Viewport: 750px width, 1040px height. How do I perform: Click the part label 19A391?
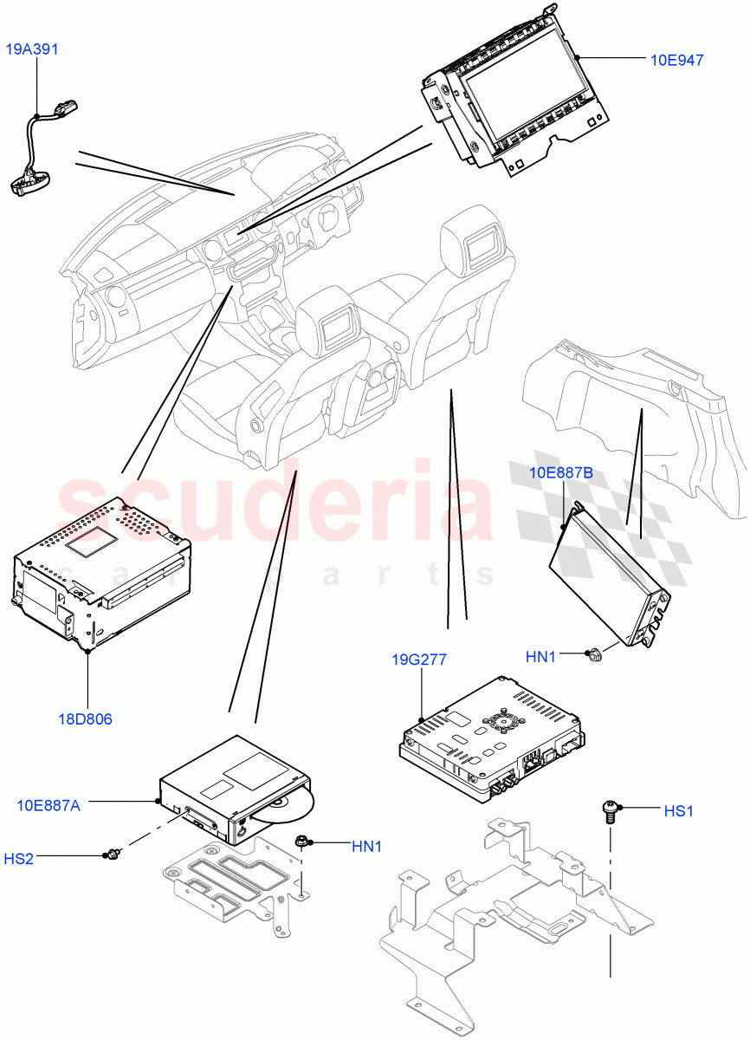coord(33,49)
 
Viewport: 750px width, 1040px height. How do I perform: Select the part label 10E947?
coord(676,60)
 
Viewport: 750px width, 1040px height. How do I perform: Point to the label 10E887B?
coord(561,472)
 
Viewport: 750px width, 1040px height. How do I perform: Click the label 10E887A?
coord(48,805)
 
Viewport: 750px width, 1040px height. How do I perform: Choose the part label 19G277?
coord(419,660)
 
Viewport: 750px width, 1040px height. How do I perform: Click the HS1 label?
coord(678,811)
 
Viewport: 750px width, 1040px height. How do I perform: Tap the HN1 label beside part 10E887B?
coord(540,657)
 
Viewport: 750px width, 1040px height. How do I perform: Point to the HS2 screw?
coord(111,856)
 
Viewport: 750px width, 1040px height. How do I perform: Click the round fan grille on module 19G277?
coord(500,722)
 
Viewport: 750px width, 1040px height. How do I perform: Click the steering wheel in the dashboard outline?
coord(328,217)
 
